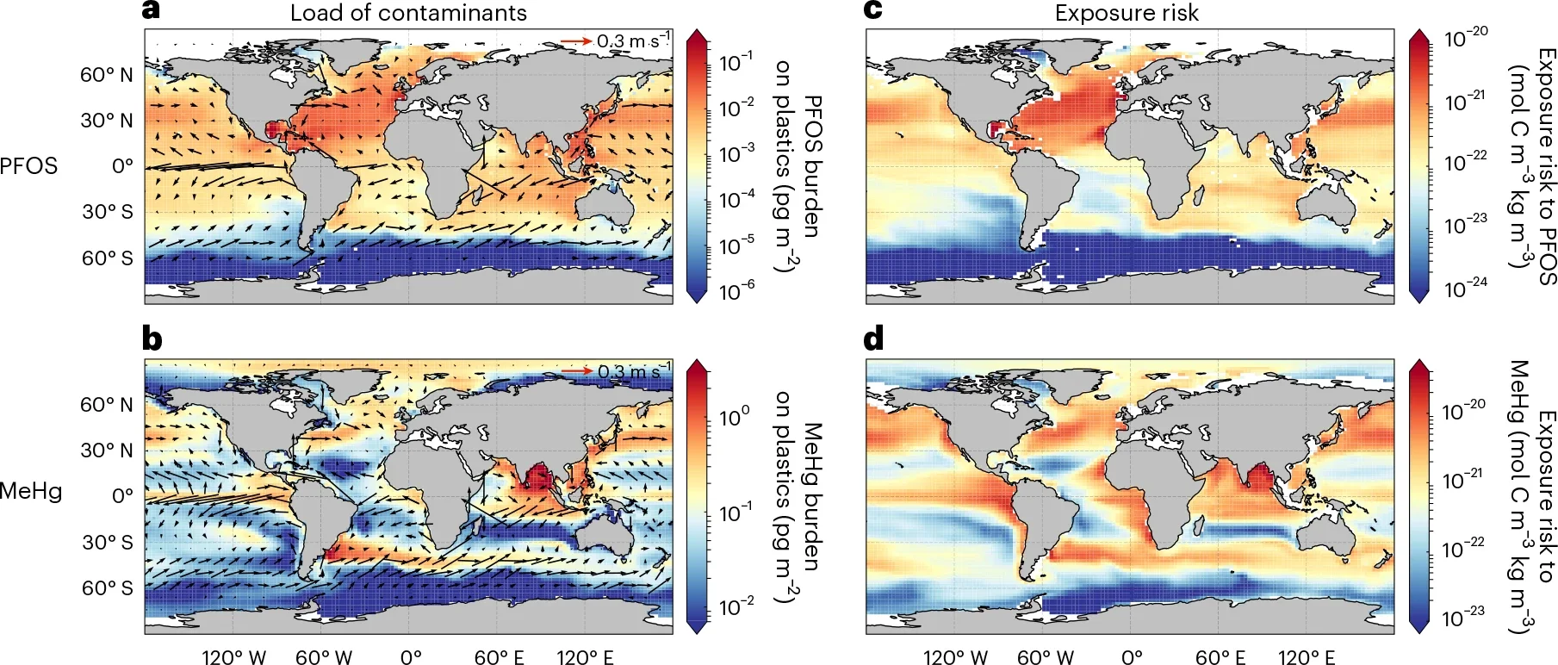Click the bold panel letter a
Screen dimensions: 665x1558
click(152, 11)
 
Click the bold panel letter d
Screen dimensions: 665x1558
click(873, 339)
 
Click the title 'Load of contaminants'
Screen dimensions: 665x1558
click(408, 13)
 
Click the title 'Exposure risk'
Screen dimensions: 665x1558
click(1127, 13)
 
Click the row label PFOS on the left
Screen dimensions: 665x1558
click(28, 165)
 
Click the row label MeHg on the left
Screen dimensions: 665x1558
click(31, 492)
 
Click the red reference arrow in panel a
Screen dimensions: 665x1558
click(576, 40)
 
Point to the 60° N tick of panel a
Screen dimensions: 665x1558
click(107, 75)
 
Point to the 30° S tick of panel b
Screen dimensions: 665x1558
click(107, 542)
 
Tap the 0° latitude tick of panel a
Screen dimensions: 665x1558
click(122, 165)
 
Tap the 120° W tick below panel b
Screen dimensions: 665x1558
click(233, 657)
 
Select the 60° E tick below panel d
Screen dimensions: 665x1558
click(1220, 657)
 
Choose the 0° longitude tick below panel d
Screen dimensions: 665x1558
click(1132, 657)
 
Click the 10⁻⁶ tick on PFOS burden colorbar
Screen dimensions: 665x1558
click(736, 291)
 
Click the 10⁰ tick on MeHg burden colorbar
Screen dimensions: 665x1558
click(734, 418)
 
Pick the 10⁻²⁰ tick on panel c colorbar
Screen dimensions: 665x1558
click(1466, 38)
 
